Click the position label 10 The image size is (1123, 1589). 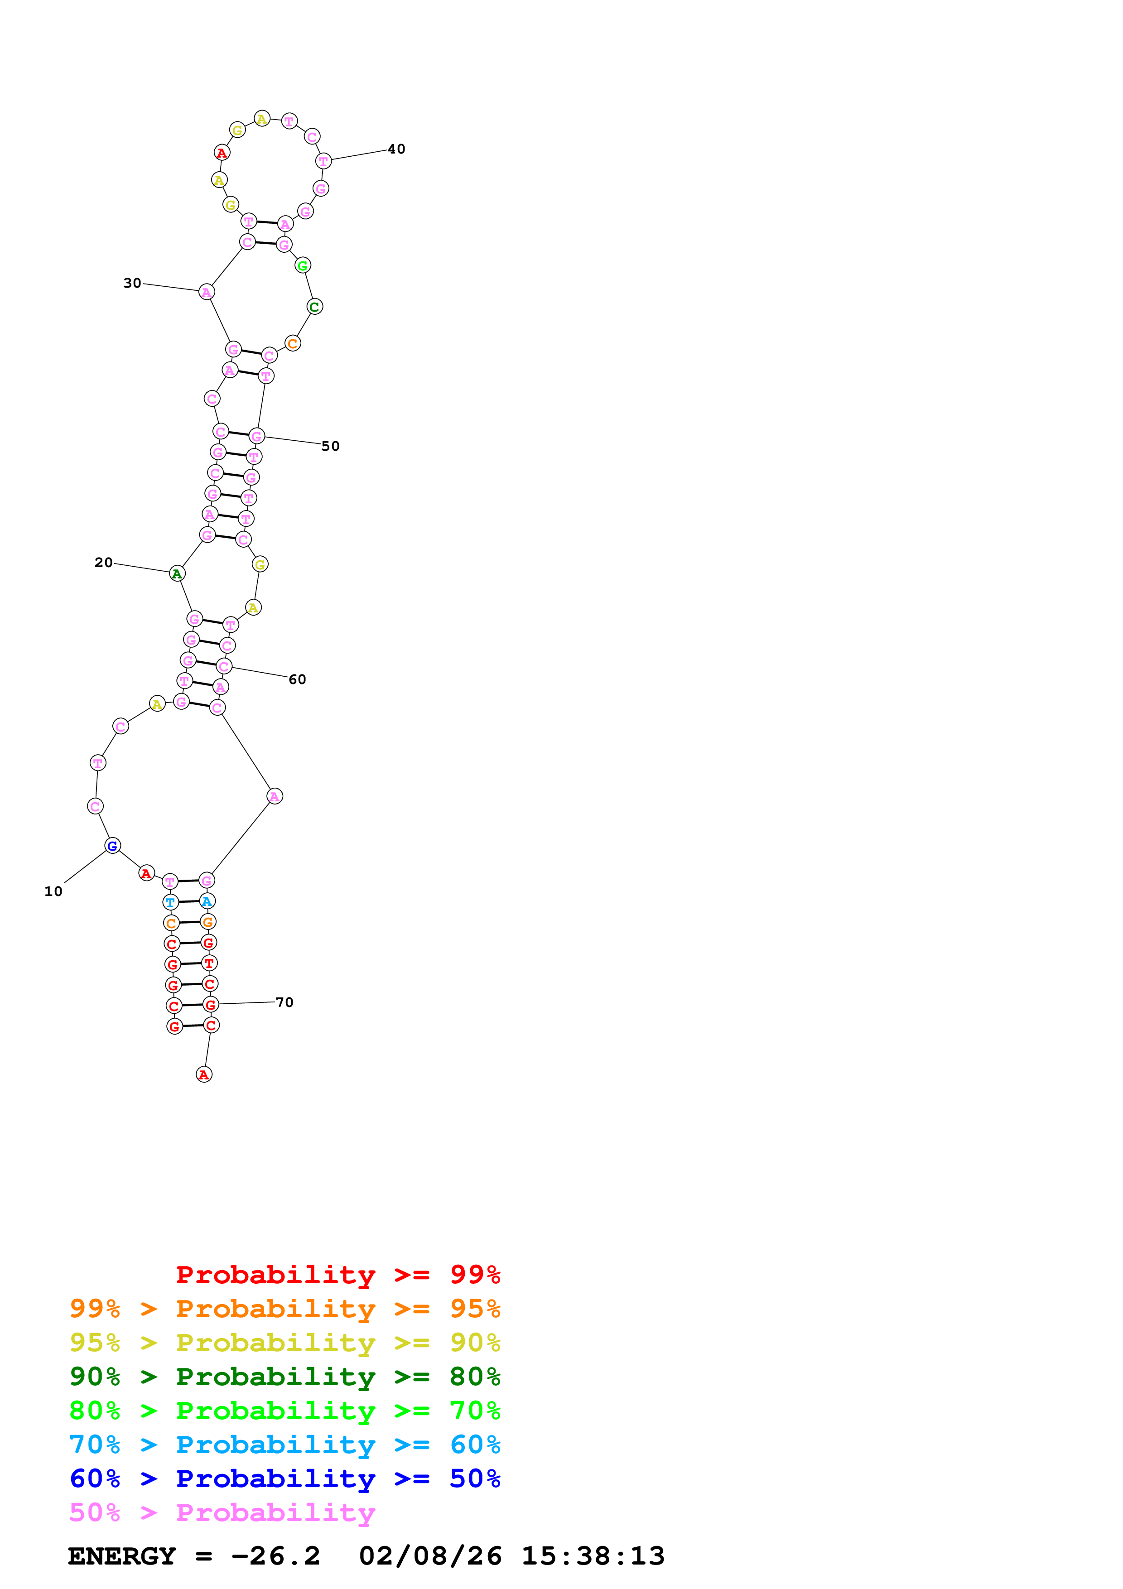pyautogui.click(x=53, y=891)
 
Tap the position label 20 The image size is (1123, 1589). pyautogui.click(x=103, y=563)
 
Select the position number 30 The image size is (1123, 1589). pyautogui.click(x=132, y=283)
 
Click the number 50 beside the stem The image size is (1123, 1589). pyautogui.click(x=331, y=446)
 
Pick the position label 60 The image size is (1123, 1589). pyautogui.click(x=298, y=679)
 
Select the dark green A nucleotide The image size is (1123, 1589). pyautogui.click(x=177, y=574)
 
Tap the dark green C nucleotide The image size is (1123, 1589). pyautogui.click(x=315, y=307)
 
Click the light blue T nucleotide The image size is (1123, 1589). pyautogui.click(x=170, y=902)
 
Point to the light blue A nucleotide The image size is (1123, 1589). pyautogui.click(x=207, y=901)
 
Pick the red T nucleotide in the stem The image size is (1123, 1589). pyautogui.click(x=209, y=963)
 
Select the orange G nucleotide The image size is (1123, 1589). pyautogui.click(x=207, y=922)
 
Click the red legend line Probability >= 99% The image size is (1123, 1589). pyautogui.click(x=337, y=1275)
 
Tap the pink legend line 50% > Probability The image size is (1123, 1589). pyautogui.click(x=222, y=1513)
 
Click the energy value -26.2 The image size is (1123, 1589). pyautogui.click(x=275, y=1556)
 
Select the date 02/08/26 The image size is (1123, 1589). pyautogui.click(x=430, y=1556)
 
